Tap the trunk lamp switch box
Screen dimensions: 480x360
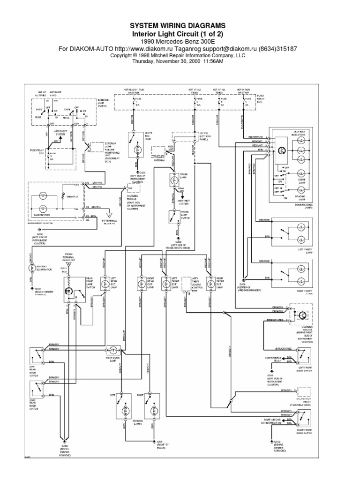pos(172,217)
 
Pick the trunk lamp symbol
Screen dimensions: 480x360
pos(172,179)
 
